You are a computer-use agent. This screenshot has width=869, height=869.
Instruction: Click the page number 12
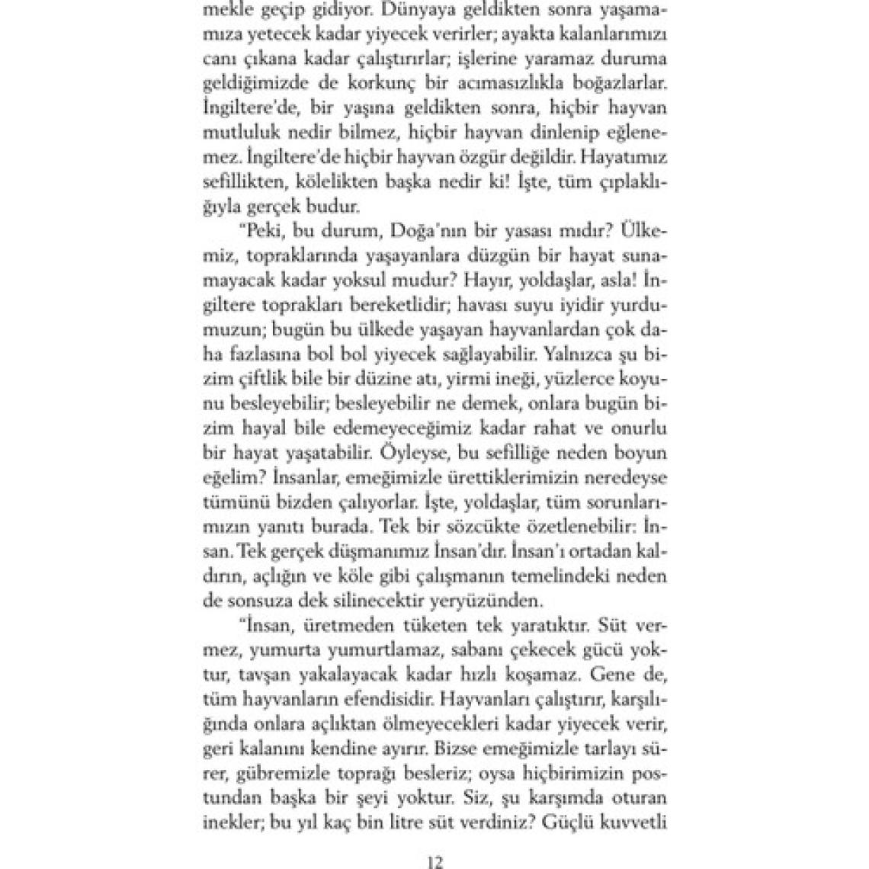[435, 862]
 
